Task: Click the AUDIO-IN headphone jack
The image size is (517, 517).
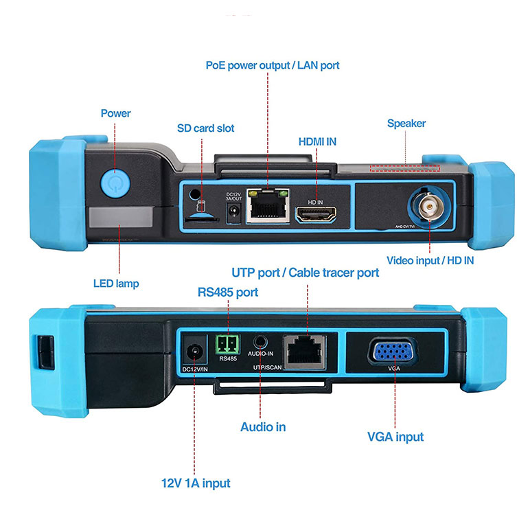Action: point(262,341)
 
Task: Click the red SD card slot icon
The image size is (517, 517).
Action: point(200,207)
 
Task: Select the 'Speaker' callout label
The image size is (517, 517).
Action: point(406,124)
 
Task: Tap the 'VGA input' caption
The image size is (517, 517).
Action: point(395,437)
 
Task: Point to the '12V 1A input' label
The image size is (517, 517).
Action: point(196,483)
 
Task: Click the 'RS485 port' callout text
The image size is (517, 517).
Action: point(228,292)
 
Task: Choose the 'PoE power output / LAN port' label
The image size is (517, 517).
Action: point(273,65)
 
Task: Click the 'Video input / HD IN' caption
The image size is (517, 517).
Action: point(430,260)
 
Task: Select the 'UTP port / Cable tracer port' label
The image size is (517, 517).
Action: point(306,273)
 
